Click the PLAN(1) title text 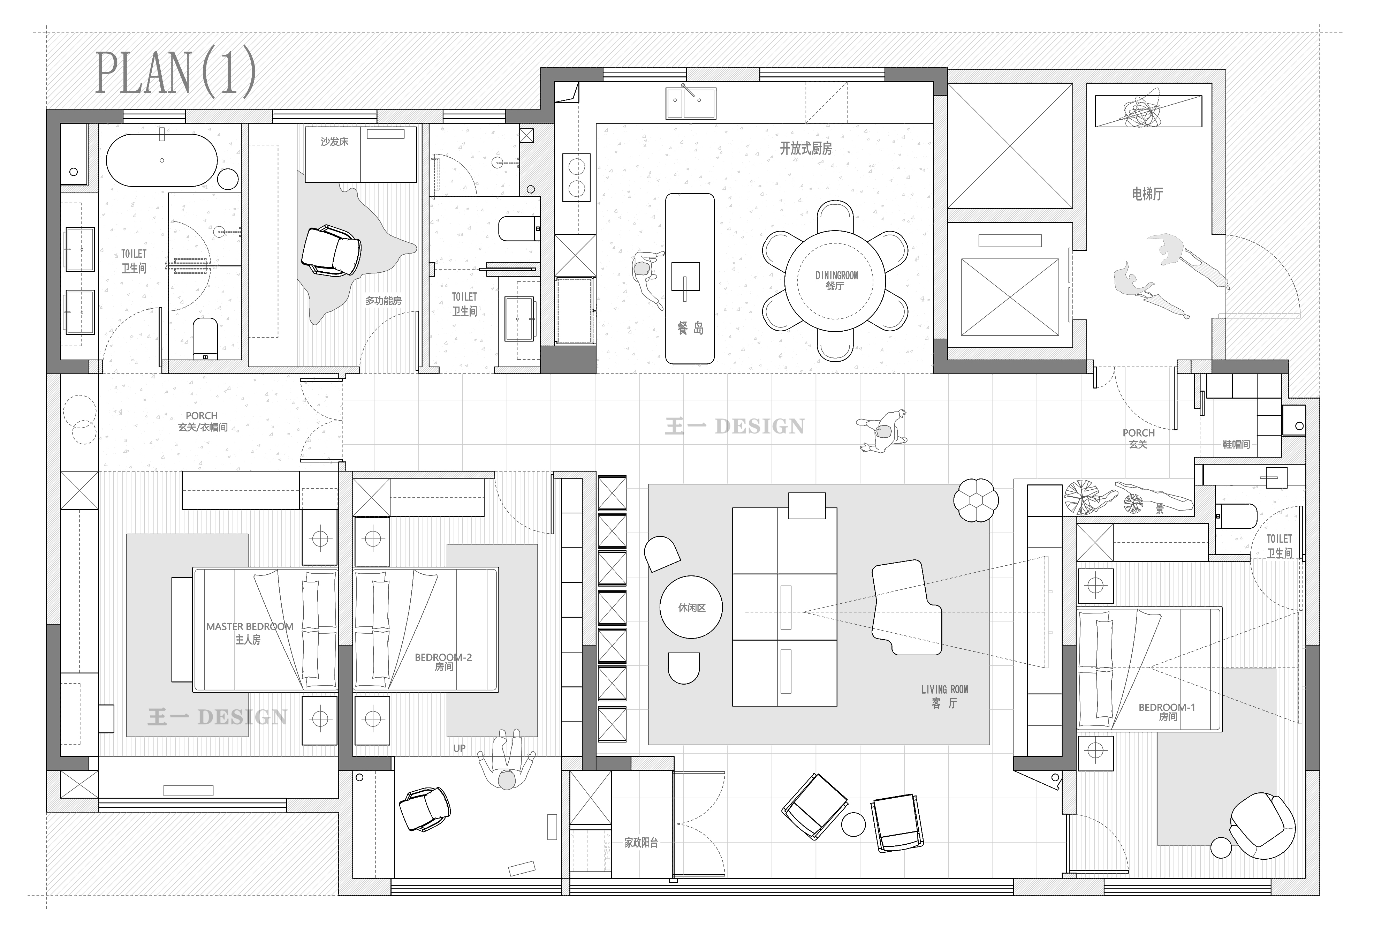176,73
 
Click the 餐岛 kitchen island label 690,328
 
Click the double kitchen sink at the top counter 690,104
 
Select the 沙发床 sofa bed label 334,142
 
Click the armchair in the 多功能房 331,250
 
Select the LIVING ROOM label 944,689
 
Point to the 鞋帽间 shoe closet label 1236,444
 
